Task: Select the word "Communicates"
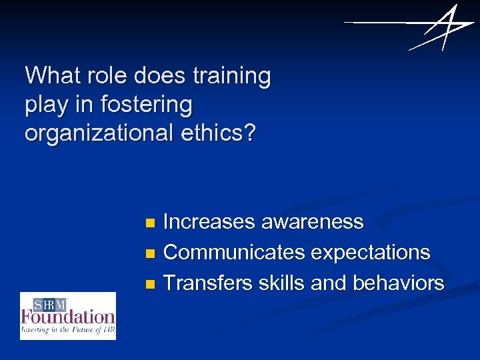(233, 252)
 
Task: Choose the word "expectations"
(371, 252)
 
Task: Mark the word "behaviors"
(399, 283)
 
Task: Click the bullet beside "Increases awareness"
(150, 222)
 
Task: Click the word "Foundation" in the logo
(68, 316)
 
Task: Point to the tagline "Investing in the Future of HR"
(68, 329)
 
